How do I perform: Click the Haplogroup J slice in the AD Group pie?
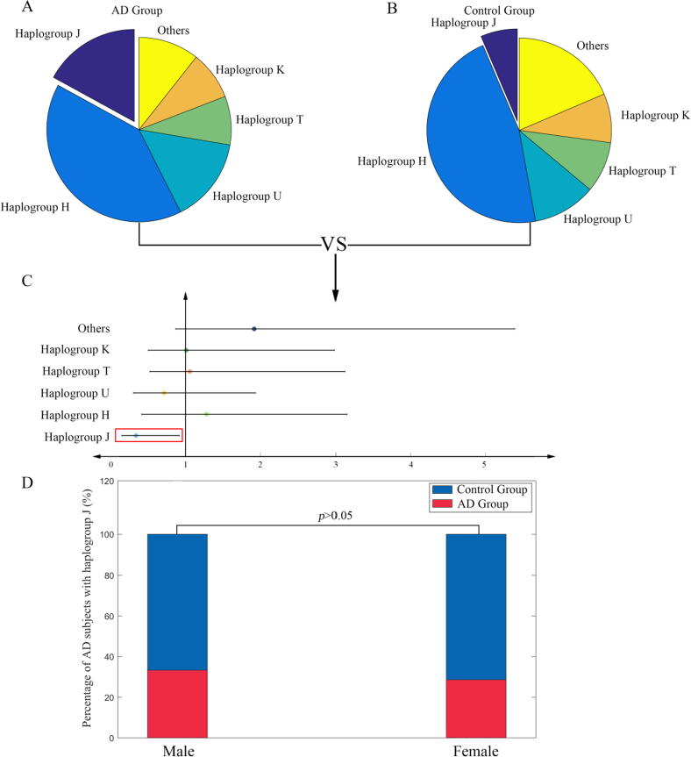[96, 66]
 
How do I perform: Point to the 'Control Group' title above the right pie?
[525, 11]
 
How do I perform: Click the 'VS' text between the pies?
[333, 245]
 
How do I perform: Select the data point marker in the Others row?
[254, 329]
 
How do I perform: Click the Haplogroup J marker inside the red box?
[136, 435]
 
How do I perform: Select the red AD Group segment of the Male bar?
[177, 703]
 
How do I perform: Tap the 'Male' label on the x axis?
[177, 751]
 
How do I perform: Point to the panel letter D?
[26, 485]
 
